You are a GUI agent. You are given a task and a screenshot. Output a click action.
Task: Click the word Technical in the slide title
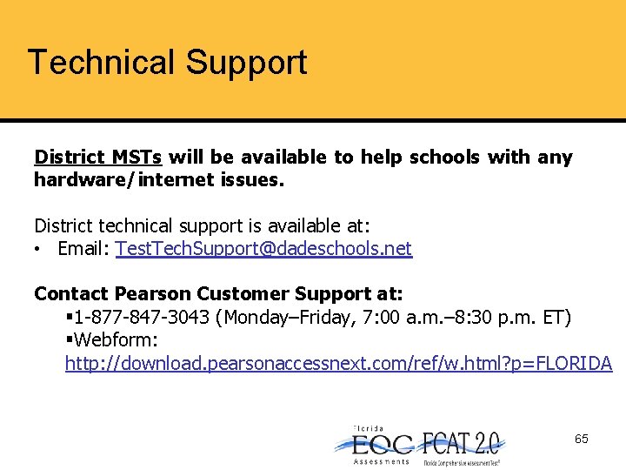click(x=101, y=63)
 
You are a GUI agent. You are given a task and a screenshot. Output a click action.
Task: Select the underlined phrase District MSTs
click(x=97, y=158)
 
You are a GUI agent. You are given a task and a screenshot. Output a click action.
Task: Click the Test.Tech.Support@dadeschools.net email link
click(x=263, y=249)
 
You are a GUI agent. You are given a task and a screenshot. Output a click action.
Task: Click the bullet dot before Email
click(x=41, y=250)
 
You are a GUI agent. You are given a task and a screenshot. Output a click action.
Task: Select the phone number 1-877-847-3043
click(x=144, y=318)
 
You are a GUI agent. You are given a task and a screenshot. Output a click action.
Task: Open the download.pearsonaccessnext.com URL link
click(x=338, y=363)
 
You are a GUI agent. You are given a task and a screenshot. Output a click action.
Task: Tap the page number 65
click(x=581, y=439)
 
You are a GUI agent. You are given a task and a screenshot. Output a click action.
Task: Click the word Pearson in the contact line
click(x=153, y=294)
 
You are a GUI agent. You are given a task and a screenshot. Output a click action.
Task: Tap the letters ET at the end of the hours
click(x=554, y=318)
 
